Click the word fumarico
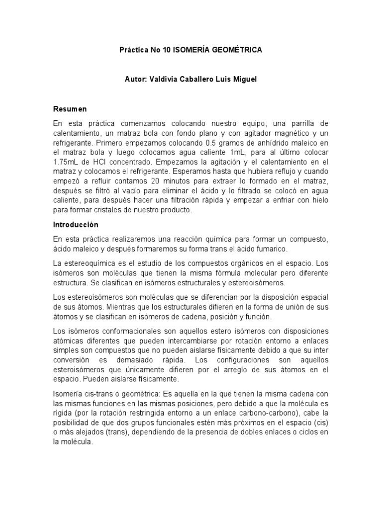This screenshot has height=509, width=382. [x=271, y=249]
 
